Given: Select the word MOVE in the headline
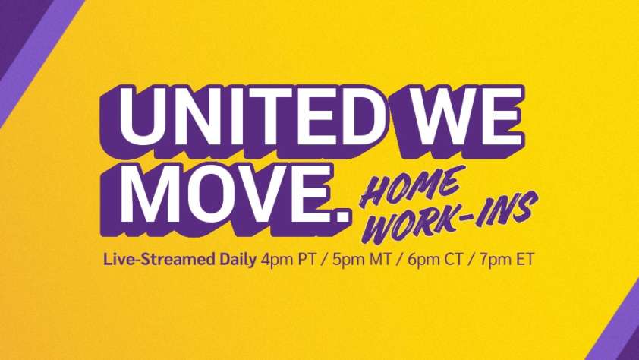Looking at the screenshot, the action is [x=223, y=193].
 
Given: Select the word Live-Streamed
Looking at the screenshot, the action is [x=180, y=259].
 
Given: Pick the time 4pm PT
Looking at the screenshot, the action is [x=288, y=260].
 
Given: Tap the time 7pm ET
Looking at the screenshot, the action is [x=506, y=260].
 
